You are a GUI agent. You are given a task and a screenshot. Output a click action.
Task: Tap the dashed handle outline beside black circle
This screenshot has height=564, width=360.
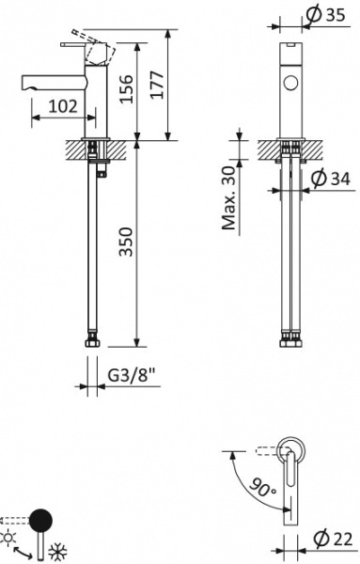[x=13, y=518]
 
